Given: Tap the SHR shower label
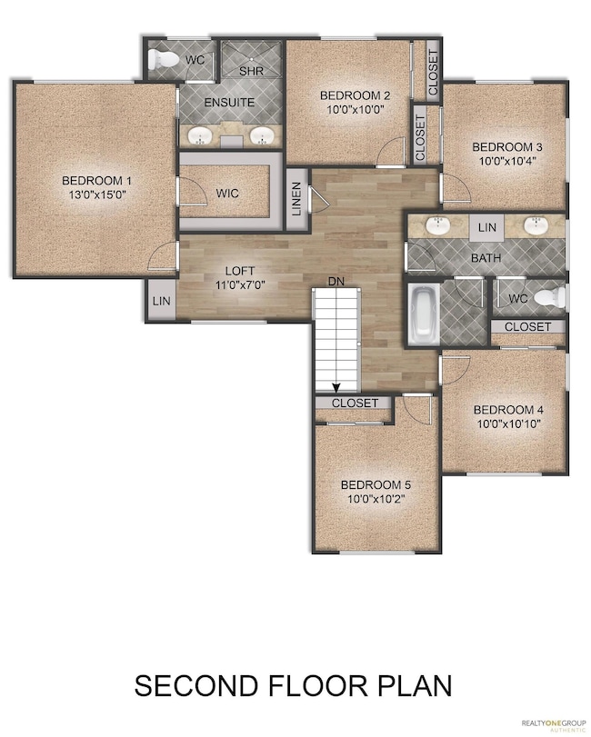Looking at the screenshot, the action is point(252,72).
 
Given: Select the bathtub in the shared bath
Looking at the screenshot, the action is point(423,314).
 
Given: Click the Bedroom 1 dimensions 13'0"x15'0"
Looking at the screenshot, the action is point(96,194).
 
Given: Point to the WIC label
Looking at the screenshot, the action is point(227,194).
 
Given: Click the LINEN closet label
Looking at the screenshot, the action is point(296,199).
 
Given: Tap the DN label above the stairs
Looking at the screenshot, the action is point(336,282).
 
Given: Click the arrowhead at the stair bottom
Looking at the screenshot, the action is point(336,388).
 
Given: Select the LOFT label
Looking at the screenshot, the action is point(240,271).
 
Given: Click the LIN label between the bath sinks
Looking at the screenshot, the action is point(487,227).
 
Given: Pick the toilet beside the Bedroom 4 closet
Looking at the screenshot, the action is point(550,297).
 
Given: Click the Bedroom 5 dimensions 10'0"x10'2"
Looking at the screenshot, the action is point(376,499).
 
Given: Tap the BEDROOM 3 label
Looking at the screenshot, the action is point(507,147).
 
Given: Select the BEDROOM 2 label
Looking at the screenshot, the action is point(355,96).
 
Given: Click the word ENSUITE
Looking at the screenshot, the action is point(229,102).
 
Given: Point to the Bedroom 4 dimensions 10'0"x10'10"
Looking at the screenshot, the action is point(509,423).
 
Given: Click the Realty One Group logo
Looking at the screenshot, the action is point(553,725).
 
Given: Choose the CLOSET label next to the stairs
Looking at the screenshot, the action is point(355,403).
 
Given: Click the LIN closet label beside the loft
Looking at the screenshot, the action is point(162,301).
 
